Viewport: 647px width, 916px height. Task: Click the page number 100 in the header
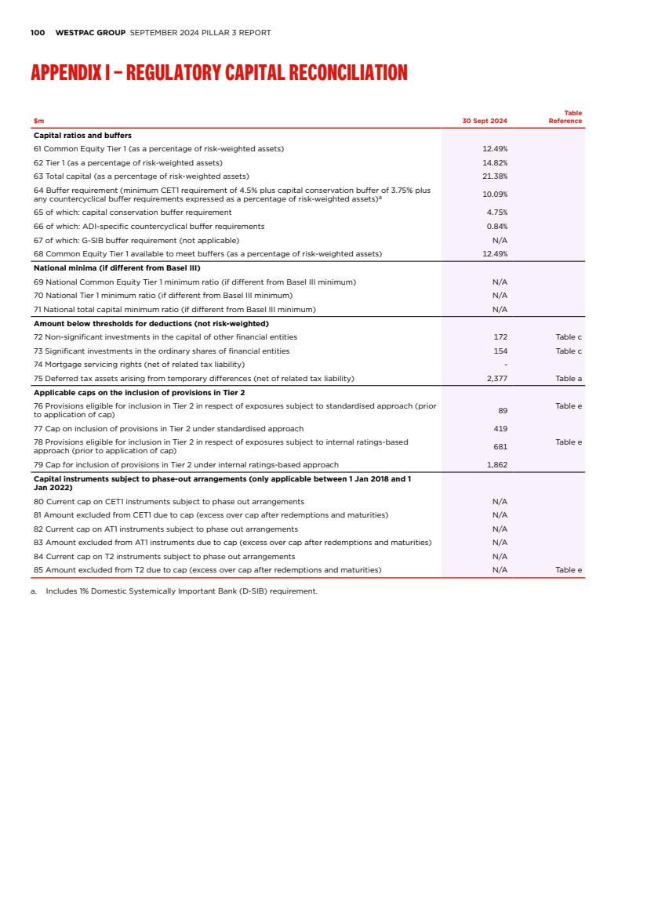[37, 33]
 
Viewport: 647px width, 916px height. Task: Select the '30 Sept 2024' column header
[485, 122]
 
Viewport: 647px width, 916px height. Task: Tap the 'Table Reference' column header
[565, 118]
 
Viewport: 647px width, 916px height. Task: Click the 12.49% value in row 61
[494, 148]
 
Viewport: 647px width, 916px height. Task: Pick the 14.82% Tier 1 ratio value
[494, 162]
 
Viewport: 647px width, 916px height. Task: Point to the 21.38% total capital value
[494, 176]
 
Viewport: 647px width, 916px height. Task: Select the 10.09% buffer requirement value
[494, 194]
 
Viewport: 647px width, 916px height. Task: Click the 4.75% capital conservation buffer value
[496, 213]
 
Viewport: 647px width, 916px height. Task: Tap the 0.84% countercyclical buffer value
[496, 227]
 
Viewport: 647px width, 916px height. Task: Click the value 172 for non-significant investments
[500, 337]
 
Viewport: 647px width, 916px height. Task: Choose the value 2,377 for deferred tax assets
[496, 379]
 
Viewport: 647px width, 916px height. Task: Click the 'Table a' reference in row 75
[569, 379]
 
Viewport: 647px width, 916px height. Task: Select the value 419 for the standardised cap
[500, 429]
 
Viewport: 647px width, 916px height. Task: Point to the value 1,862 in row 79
[496, 465]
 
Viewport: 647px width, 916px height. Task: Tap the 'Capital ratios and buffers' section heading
[82, 136]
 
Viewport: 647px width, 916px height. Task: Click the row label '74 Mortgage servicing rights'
[140, 365]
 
